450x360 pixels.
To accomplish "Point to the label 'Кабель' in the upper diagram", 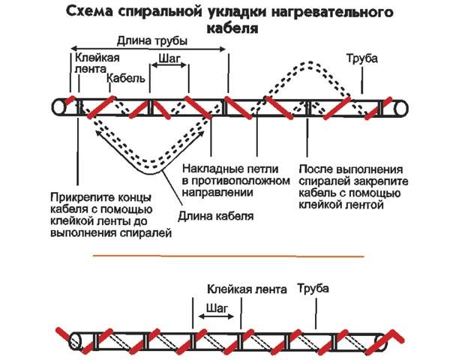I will tap(121, 78).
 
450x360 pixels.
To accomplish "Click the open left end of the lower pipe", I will tap(74, 338).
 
